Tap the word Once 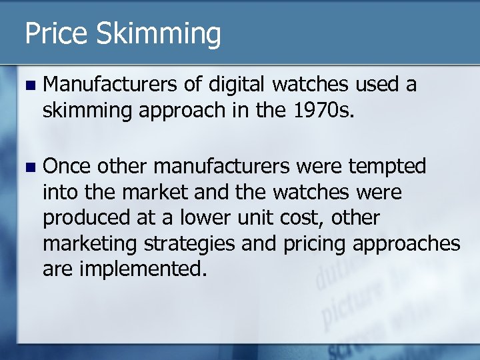(x=67, y=166)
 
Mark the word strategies (x=187, y=244)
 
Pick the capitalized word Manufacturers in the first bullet (x=111, y=85)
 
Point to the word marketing (x=89, y=244)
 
